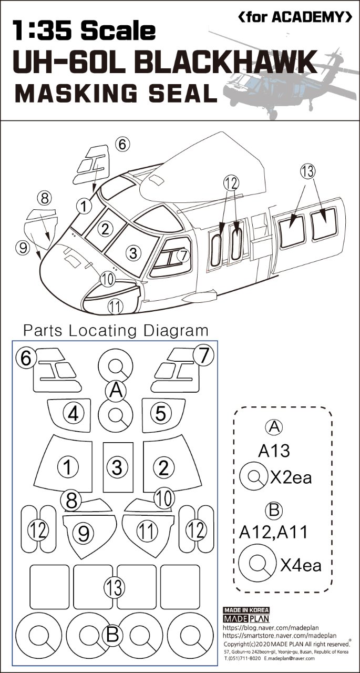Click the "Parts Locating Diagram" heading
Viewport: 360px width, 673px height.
tap(116, 331)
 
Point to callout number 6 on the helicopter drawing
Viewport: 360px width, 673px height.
tap(122, 144)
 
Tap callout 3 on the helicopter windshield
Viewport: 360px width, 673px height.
tap(134, 253)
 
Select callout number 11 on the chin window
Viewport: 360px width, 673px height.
tap(115, 305)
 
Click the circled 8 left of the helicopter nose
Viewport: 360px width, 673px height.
tap(45, 198)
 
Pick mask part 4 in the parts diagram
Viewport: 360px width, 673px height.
tap(74, 414)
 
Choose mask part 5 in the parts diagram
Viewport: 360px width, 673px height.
tap(161, 414)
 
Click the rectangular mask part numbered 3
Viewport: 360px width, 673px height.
tap(117, 466)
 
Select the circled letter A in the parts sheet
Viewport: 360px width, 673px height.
tap(117, 390)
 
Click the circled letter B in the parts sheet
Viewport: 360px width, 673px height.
tap(112, 635)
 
